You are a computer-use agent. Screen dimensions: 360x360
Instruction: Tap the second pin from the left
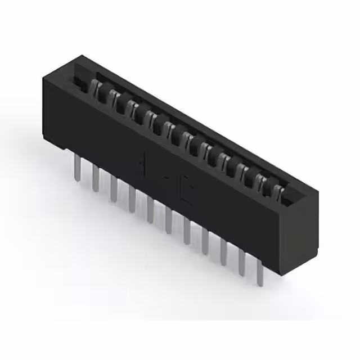96,179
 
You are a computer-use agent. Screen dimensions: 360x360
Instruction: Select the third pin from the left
114,190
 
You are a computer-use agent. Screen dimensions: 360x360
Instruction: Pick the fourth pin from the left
132,200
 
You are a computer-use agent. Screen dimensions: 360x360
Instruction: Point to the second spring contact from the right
261,183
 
